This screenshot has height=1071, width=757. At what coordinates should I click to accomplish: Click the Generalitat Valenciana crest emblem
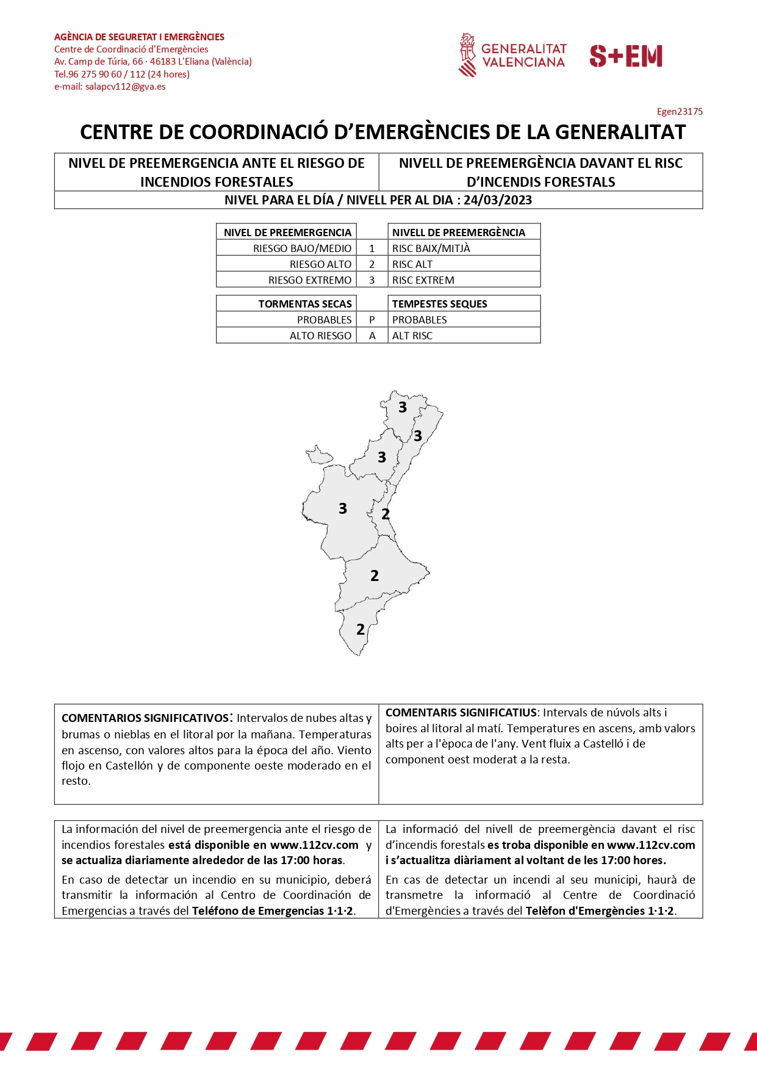tap(467, 55)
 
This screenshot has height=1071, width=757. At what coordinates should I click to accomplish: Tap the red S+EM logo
tap(626, 56)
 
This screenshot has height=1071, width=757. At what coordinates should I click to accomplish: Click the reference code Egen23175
tap(680, 112)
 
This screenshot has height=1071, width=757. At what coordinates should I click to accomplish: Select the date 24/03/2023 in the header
tap(498, 200)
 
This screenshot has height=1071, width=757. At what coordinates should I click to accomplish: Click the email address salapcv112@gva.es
tap(125, 87)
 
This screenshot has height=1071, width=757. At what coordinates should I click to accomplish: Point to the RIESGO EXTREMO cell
tap(310, 280)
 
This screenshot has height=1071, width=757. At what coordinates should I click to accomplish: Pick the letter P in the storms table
tap(372, 320)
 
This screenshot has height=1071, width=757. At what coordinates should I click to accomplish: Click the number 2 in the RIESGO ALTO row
tap(372, 264)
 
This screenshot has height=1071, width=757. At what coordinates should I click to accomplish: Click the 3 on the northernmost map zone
tap(403, 407)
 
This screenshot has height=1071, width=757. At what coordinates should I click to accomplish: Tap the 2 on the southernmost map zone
tap(361, 629)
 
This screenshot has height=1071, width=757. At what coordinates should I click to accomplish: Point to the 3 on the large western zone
tap(343, 508)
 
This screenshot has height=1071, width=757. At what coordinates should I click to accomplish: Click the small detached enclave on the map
tap(319, 455)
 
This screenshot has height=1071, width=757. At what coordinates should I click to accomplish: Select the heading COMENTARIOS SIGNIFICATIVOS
tap(145, 718)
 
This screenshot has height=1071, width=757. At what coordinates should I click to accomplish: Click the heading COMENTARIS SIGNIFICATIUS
tap(461, 713)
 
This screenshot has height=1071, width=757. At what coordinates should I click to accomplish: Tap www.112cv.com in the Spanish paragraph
tap(314, 845)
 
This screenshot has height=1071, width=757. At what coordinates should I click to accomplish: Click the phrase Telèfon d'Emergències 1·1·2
tap(600, 911)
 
